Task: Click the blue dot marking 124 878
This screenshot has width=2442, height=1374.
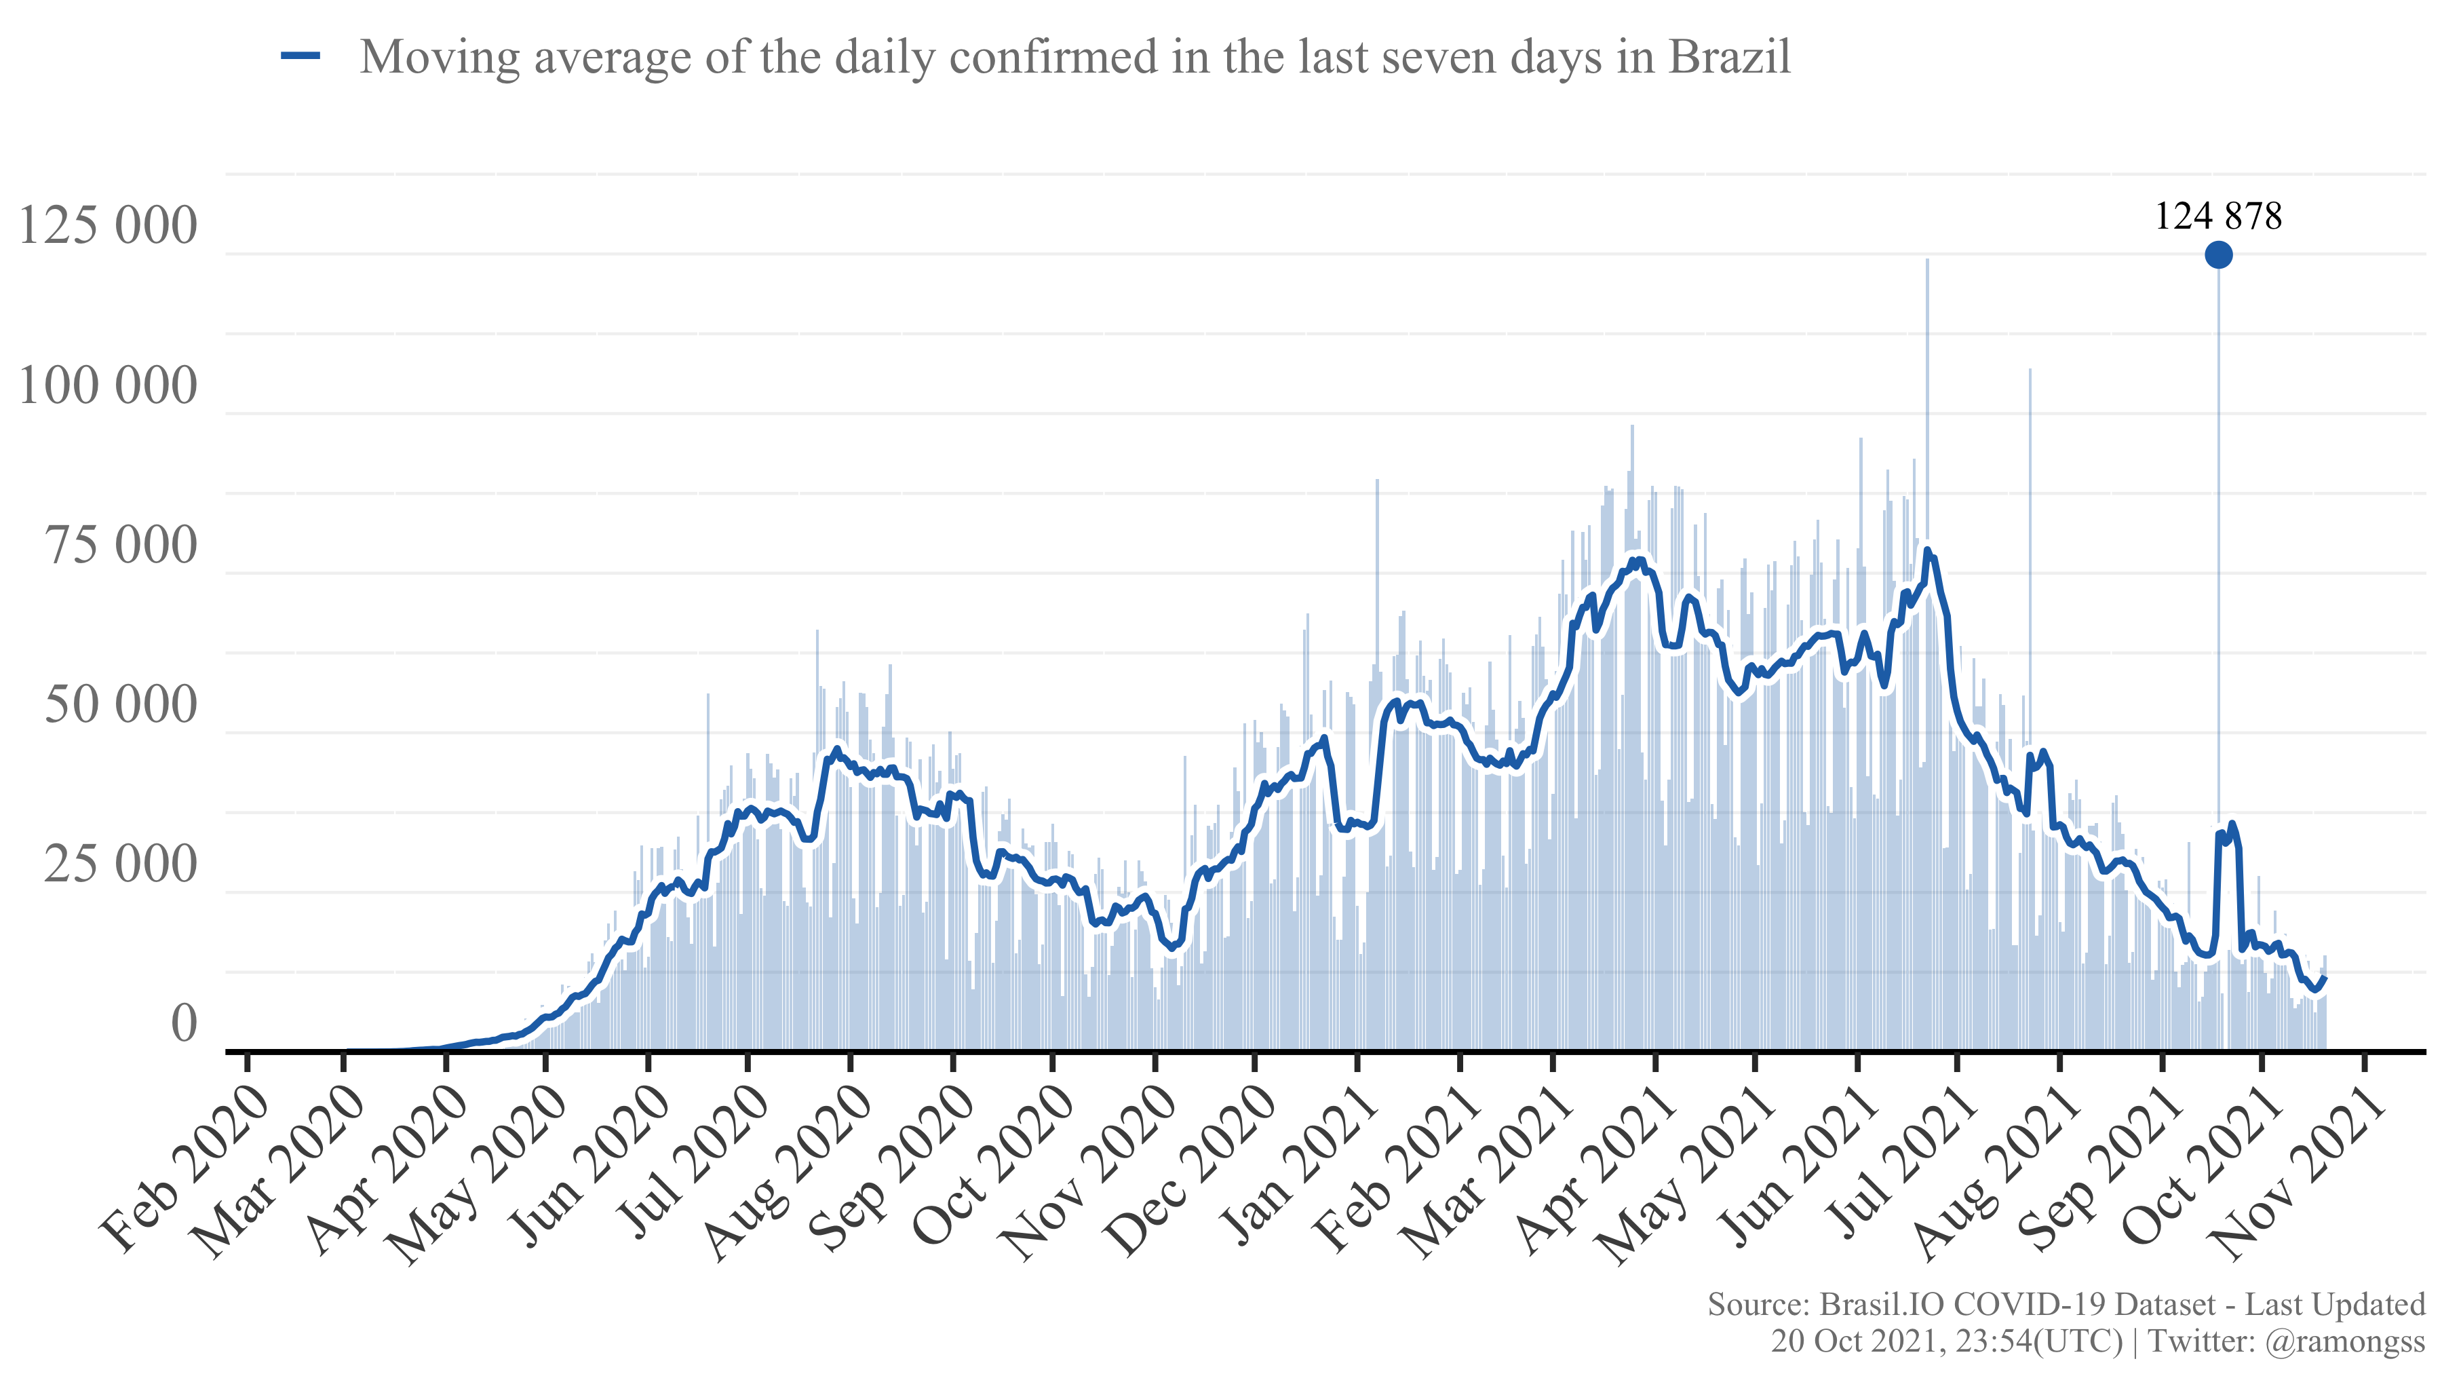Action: pos(2217,254)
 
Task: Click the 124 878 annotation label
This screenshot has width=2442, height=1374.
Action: pos(2217,216)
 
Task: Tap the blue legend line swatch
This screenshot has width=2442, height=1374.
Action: pos(301,57)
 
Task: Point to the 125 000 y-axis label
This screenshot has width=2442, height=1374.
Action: pos(107,226)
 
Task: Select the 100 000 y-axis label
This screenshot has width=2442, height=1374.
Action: pos(107,386)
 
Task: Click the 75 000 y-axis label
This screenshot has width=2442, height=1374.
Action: pos(120,546)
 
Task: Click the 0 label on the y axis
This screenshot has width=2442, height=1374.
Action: pos(184,1024)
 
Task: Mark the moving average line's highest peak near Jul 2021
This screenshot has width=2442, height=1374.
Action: pos(1926,550)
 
